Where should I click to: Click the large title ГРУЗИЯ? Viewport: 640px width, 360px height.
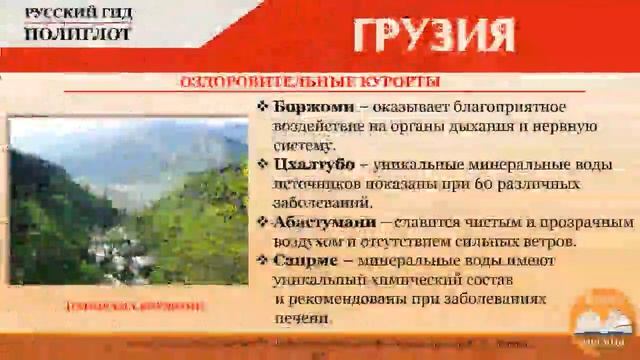[x=433, y=37]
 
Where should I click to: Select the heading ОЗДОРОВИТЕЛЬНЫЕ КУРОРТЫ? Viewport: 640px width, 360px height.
[x=309, y=81]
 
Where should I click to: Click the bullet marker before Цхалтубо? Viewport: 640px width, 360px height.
[x=262, y=164]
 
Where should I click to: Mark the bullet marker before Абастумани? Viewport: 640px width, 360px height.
[x=262, y=221]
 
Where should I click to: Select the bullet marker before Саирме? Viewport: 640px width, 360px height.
[x=262, y=259]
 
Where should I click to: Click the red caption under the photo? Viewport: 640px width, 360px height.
[x=128, y=305]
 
